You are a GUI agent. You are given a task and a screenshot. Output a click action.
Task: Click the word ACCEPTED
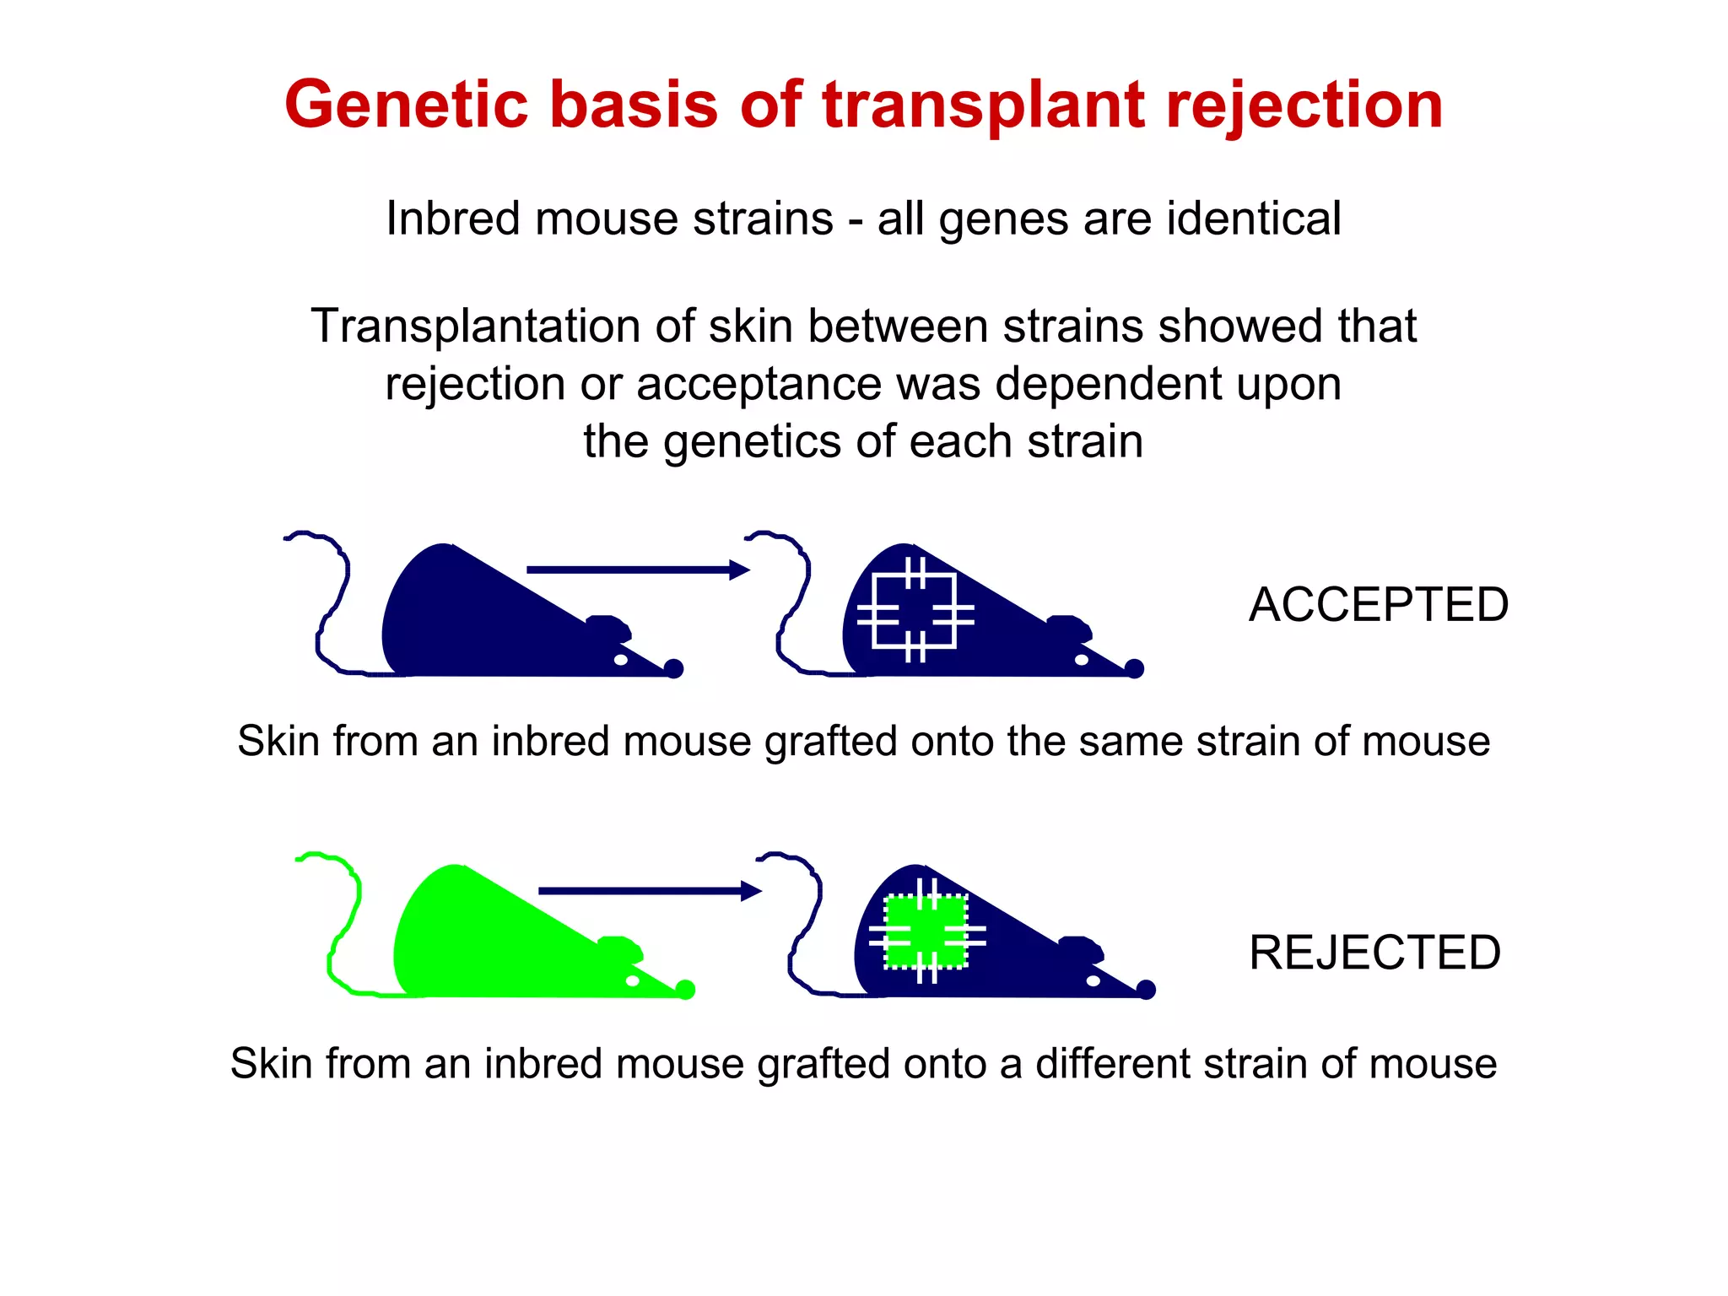(x=1378, y=605)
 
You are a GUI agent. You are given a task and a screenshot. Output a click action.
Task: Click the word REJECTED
(x=1374, y=953)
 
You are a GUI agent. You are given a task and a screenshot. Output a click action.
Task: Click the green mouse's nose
(x=685, y=990)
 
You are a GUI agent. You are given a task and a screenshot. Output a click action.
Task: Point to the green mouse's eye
(x=632, y=980)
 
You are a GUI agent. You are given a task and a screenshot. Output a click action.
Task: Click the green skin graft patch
(x=926, y=931)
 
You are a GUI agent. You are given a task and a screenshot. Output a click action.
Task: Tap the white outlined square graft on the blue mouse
(x=915, y=611)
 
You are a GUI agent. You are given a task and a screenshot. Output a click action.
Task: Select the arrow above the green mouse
(x=650, y=890)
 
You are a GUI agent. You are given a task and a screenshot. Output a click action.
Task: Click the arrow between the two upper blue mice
(x=638, y=570)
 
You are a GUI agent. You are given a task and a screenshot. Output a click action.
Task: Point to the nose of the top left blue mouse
(x=673, y=669)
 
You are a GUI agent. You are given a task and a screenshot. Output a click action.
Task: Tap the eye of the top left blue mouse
(x=620, y=660)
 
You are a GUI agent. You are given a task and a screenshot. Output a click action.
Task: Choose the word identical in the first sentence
(x=1254, y=219)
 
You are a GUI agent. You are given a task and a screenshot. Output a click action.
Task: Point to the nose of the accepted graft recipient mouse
(x=1135, y=669)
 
